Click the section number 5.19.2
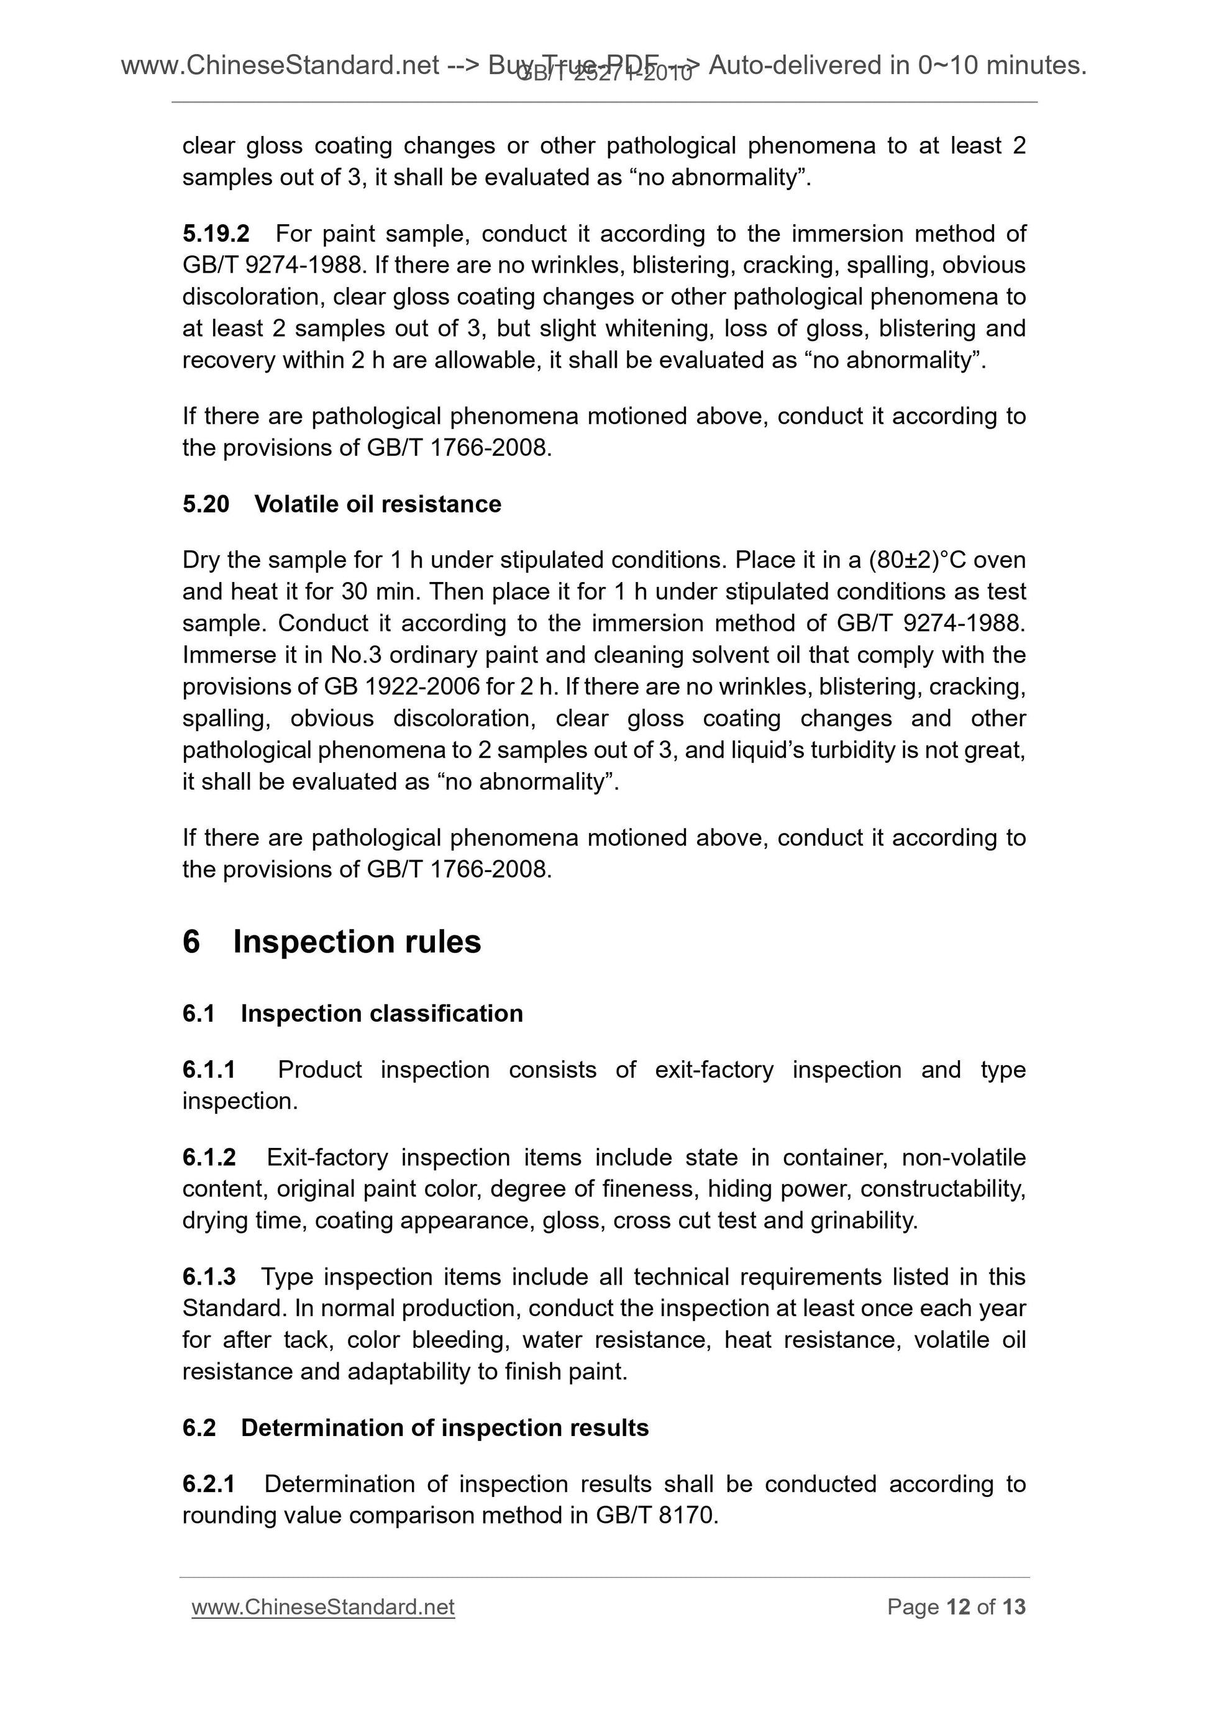[x=216, y=234]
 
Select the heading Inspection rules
[x=357, y=942]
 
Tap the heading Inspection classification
[x=381, y=1014]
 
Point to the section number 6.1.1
[x=209, y=1070]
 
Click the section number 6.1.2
[x=209, y=1157]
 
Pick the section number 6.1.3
[x=209, y=1276]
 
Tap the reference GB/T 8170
[x=655, y=1516]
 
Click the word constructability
[x=942, y=1189]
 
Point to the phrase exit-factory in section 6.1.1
[x=714, y=1070]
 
